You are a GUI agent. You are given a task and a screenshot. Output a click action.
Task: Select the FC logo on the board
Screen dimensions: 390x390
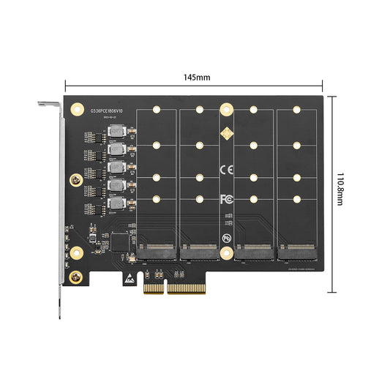(x=227, y=199)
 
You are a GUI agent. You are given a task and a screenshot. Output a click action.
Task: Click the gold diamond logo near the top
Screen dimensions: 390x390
(x=227, y=134)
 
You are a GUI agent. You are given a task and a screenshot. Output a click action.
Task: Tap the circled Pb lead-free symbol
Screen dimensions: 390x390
(x=228, y=239)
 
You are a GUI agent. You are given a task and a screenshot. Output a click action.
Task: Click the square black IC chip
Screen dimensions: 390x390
(x=94, y=234)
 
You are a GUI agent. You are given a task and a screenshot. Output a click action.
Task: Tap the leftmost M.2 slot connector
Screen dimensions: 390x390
(x=157, y=253)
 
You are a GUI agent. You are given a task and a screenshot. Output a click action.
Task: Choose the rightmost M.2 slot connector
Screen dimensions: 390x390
(x=296, y=253)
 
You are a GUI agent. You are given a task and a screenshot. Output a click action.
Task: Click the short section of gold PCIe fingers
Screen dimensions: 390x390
(x=153, y=288)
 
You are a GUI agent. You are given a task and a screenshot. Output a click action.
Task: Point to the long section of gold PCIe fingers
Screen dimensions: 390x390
(x=193, y=288)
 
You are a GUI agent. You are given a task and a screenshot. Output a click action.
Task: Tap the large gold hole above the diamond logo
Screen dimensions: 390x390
(x=227, y=109)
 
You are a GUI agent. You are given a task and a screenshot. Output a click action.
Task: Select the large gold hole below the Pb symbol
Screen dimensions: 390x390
(x=227, y=257)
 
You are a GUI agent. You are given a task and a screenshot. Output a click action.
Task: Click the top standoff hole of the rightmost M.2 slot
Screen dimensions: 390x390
(x=296, y=110)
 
